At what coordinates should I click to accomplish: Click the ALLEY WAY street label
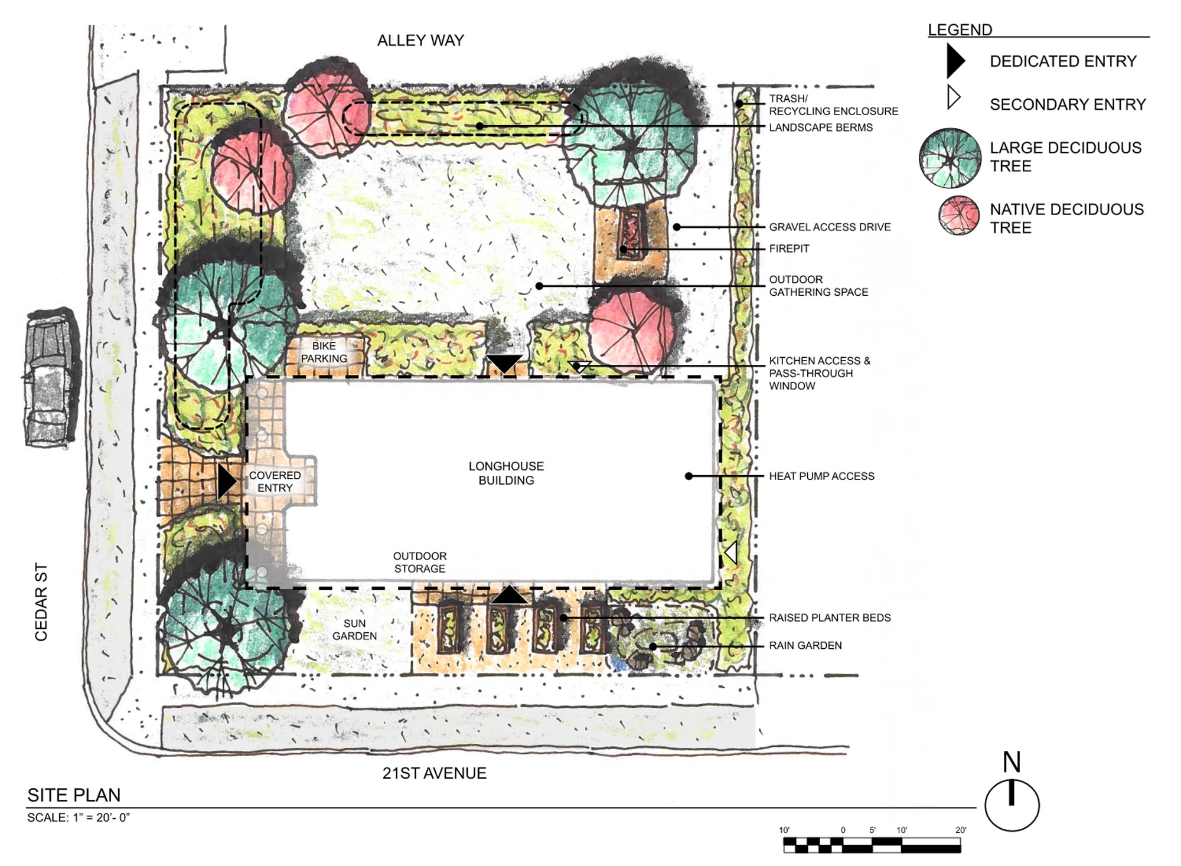click(x=420, y=41)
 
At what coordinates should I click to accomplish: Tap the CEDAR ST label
click(x=41, y=602)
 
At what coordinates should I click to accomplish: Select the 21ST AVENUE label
click(x=434, y=773)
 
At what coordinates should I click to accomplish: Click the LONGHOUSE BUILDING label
click(x=506, y=473)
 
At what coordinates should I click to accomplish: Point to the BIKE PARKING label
click(x=324, y=352)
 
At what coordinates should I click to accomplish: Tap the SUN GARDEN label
click(x=354, y=630)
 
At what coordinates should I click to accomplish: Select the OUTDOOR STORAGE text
click(x=420, y=563)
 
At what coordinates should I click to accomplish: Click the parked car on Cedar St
click(x=52, y=377)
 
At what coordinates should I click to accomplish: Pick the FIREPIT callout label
click(x=789, y=249)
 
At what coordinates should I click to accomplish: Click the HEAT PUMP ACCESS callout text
click(x=821, y=476)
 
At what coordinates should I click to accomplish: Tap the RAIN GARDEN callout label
click(x=805, y=646)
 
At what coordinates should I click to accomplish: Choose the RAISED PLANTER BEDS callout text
click(x=830, y=618)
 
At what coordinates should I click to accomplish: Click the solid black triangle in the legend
click(x=955, y=61)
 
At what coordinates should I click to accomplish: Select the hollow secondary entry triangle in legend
click(x=954, y=97)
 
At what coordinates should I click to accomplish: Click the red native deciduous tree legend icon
click(x=959, y=215)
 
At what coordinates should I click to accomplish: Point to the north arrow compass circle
click(x=1012, y=805)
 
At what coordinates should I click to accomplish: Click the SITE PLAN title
click(x=74, y=795)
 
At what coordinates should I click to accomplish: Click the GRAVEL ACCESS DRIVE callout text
click(x=830, y=227)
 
